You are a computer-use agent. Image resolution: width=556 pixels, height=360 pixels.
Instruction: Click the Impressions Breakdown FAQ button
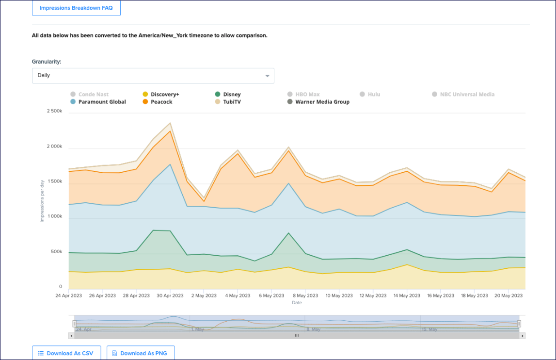point(76,8)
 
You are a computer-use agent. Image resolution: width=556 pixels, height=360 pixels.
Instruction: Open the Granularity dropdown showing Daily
point(153,76)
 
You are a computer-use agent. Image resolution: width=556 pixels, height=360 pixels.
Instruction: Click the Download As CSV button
point(66,353)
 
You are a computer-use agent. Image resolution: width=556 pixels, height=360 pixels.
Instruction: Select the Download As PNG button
point(140,353)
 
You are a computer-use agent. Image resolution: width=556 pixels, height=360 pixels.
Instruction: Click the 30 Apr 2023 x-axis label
point(170,295)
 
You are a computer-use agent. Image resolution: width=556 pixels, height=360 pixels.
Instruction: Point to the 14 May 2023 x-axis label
point(407,295)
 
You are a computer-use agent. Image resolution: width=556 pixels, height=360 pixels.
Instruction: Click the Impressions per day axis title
point(42,200)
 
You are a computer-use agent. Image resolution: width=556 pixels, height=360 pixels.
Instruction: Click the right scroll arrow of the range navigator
point(522,335)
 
